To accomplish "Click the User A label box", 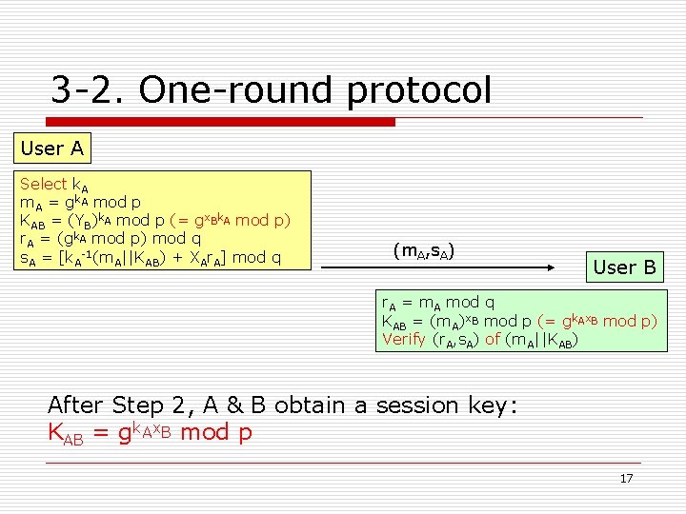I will [x=52, y=148].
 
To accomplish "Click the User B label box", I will [x=624, y=267].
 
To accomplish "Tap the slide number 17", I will [x=626, y=478].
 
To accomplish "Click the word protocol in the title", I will [x=419, y=91].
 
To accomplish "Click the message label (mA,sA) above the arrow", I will [x=423, y=251].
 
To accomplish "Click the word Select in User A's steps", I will [x=43, y=184].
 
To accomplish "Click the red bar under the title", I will [x=219, y=122].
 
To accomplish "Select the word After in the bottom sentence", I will [x=76, y=405].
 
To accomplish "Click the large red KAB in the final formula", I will [x=71, y=433].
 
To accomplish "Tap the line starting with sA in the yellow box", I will [x=151, y=257].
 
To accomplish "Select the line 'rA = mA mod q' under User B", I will [x=437, y=303].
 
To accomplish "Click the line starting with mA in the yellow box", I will [x=81, y=202].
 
